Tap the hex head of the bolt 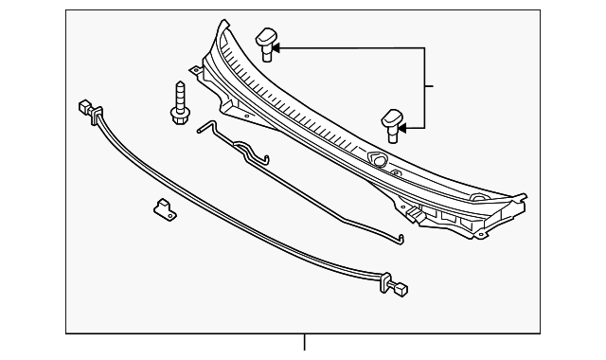click(177, 115)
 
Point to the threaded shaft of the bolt click(178, 96)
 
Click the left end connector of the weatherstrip click(86, 107)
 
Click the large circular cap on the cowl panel click(377, 160)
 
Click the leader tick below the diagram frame click(305, 343)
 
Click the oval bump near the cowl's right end click(478, 198)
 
